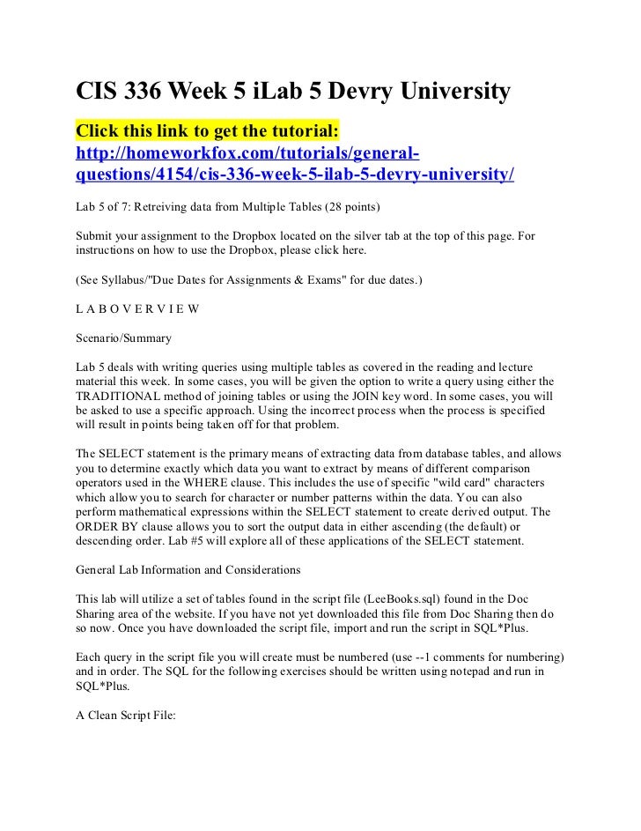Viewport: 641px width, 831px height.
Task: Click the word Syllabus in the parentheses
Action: point(130,280)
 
